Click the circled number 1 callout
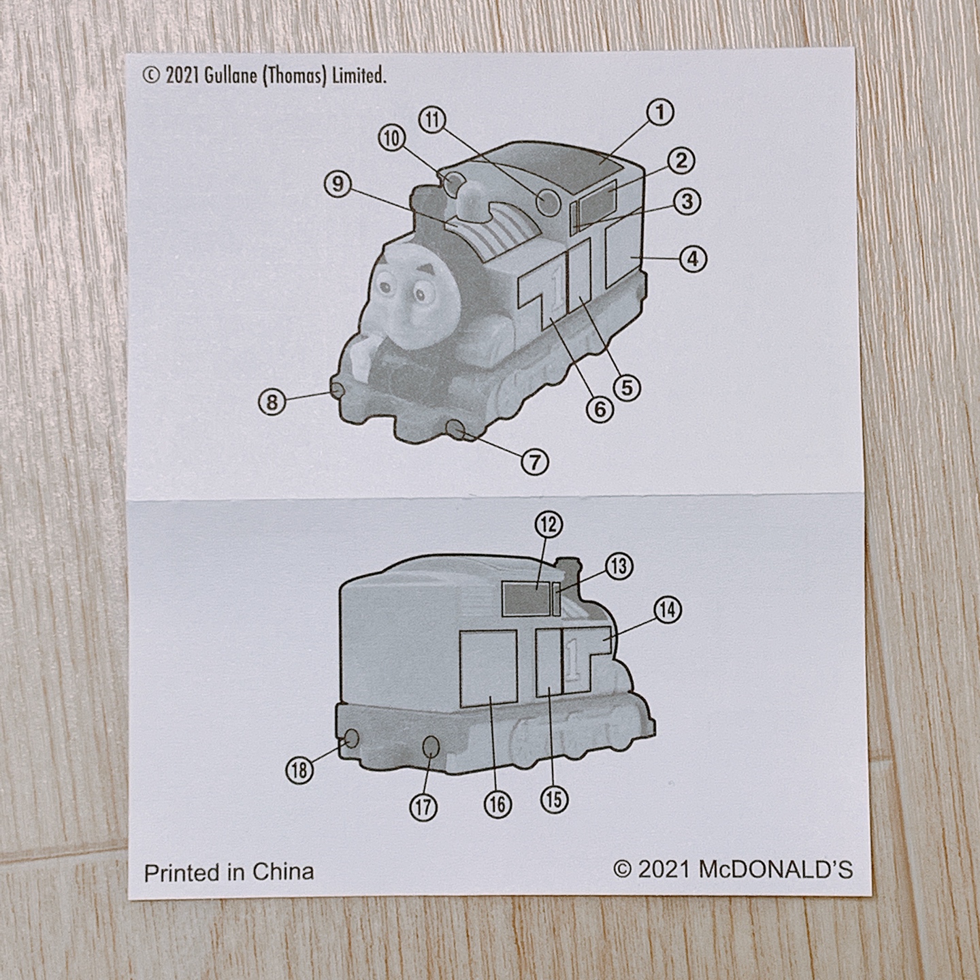coord(659,113)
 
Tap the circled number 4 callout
coord(692,259)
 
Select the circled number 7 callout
coord(534,462)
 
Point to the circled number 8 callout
coord(272,402)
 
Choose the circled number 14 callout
coord(667,610)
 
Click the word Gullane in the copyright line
coord(231,76)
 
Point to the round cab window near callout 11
coord(549,202)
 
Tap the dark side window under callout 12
coord(527,599)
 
